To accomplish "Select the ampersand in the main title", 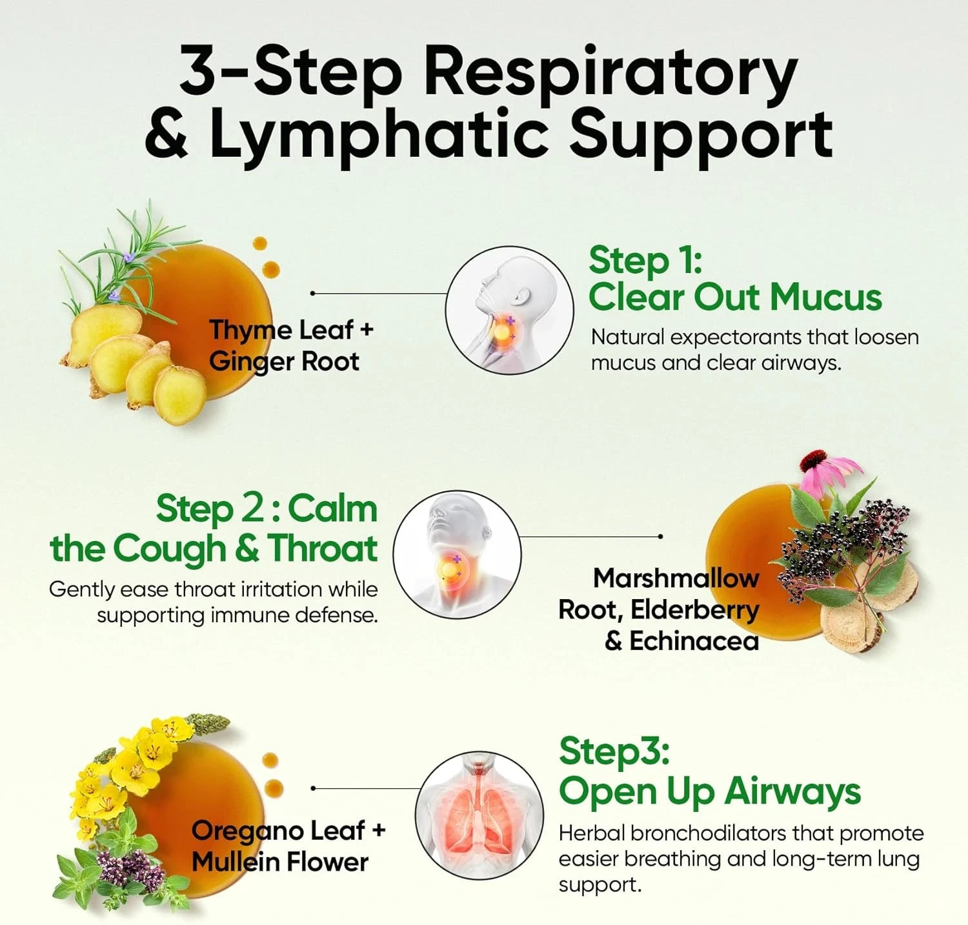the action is click(167, 133).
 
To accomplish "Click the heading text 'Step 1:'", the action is click(645, 261).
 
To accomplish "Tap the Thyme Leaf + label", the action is click(292, 330).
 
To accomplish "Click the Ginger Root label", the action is click(284, 362).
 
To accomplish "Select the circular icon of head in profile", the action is click(509, 310).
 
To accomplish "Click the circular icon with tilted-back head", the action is click(457, 555).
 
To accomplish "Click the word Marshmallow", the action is click(676, 578).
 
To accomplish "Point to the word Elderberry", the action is click(694, 610).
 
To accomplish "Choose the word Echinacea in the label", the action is click(694, 641).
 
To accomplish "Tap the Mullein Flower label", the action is click(280, 862).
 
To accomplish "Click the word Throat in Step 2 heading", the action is click(323, 549).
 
